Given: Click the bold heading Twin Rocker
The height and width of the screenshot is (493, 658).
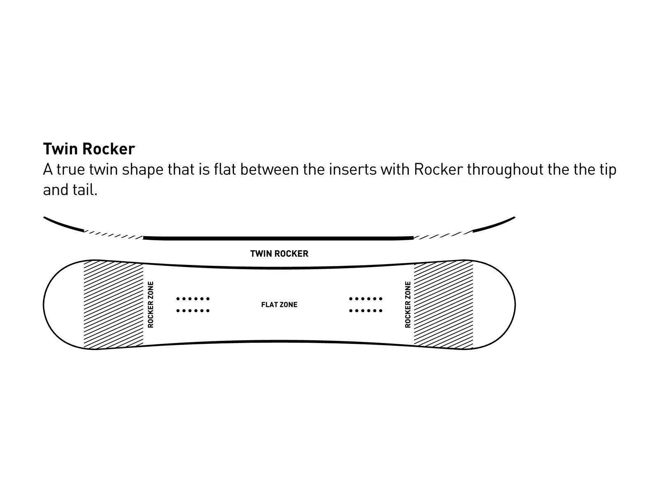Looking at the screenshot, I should (x=89, y=149).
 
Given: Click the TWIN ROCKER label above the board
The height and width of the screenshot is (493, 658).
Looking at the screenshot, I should (x=279, y=253).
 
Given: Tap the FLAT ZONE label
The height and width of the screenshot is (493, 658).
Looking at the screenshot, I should (x=279, y=304).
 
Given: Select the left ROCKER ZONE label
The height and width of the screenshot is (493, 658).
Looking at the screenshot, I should (x=151, y=304).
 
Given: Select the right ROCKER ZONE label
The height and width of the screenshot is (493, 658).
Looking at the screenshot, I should (x=408, y=304).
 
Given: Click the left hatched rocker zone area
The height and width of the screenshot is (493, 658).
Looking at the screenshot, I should (x=114, y=304).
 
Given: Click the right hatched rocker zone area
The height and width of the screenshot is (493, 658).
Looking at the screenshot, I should (x=443, y=304).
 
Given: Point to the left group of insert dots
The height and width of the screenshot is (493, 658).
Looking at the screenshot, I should (x=193, y=304).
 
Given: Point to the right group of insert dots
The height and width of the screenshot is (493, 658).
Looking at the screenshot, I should (x=366, y=304).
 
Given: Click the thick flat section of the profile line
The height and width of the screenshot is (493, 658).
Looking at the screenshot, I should (x=278, y=238).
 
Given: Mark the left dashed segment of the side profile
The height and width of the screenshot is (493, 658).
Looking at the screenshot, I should (x=114, y=235).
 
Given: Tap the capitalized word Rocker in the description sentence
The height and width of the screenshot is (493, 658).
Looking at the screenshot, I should (x=438, y=170).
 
